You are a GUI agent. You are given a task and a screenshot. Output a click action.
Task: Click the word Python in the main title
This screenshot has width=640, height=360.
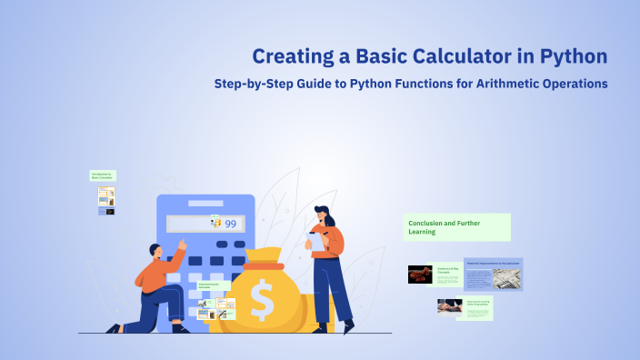[x=572, y=56]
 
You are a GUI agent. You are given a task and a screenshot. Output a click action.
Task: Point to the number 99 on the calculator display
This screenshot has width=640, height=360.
[x=231, y=224]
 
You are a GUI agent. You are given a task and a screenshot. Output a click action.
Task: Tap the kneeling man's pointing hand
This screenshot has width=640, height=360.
[x=182, y=245]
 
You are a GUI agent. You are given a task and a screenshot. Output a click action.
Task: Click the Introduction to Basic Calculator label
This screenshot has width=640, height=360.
[x=103, y=175]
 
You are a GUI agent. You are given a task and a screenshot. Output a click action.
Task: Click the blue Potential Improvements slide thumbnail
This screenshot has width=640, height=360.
[x=493, y=274]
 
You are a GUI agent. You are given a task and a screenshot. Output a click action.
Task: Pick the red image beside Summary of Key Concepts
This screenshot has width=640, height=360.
[x=420, y=274]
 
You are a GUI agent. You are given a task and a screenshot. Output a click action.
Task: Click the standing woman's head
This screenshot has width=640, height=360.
[x=324, y=215]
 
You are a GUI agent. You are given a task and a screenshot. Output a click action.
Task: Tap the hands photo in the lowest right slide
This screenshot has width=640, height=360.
[x=450, y=306]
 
